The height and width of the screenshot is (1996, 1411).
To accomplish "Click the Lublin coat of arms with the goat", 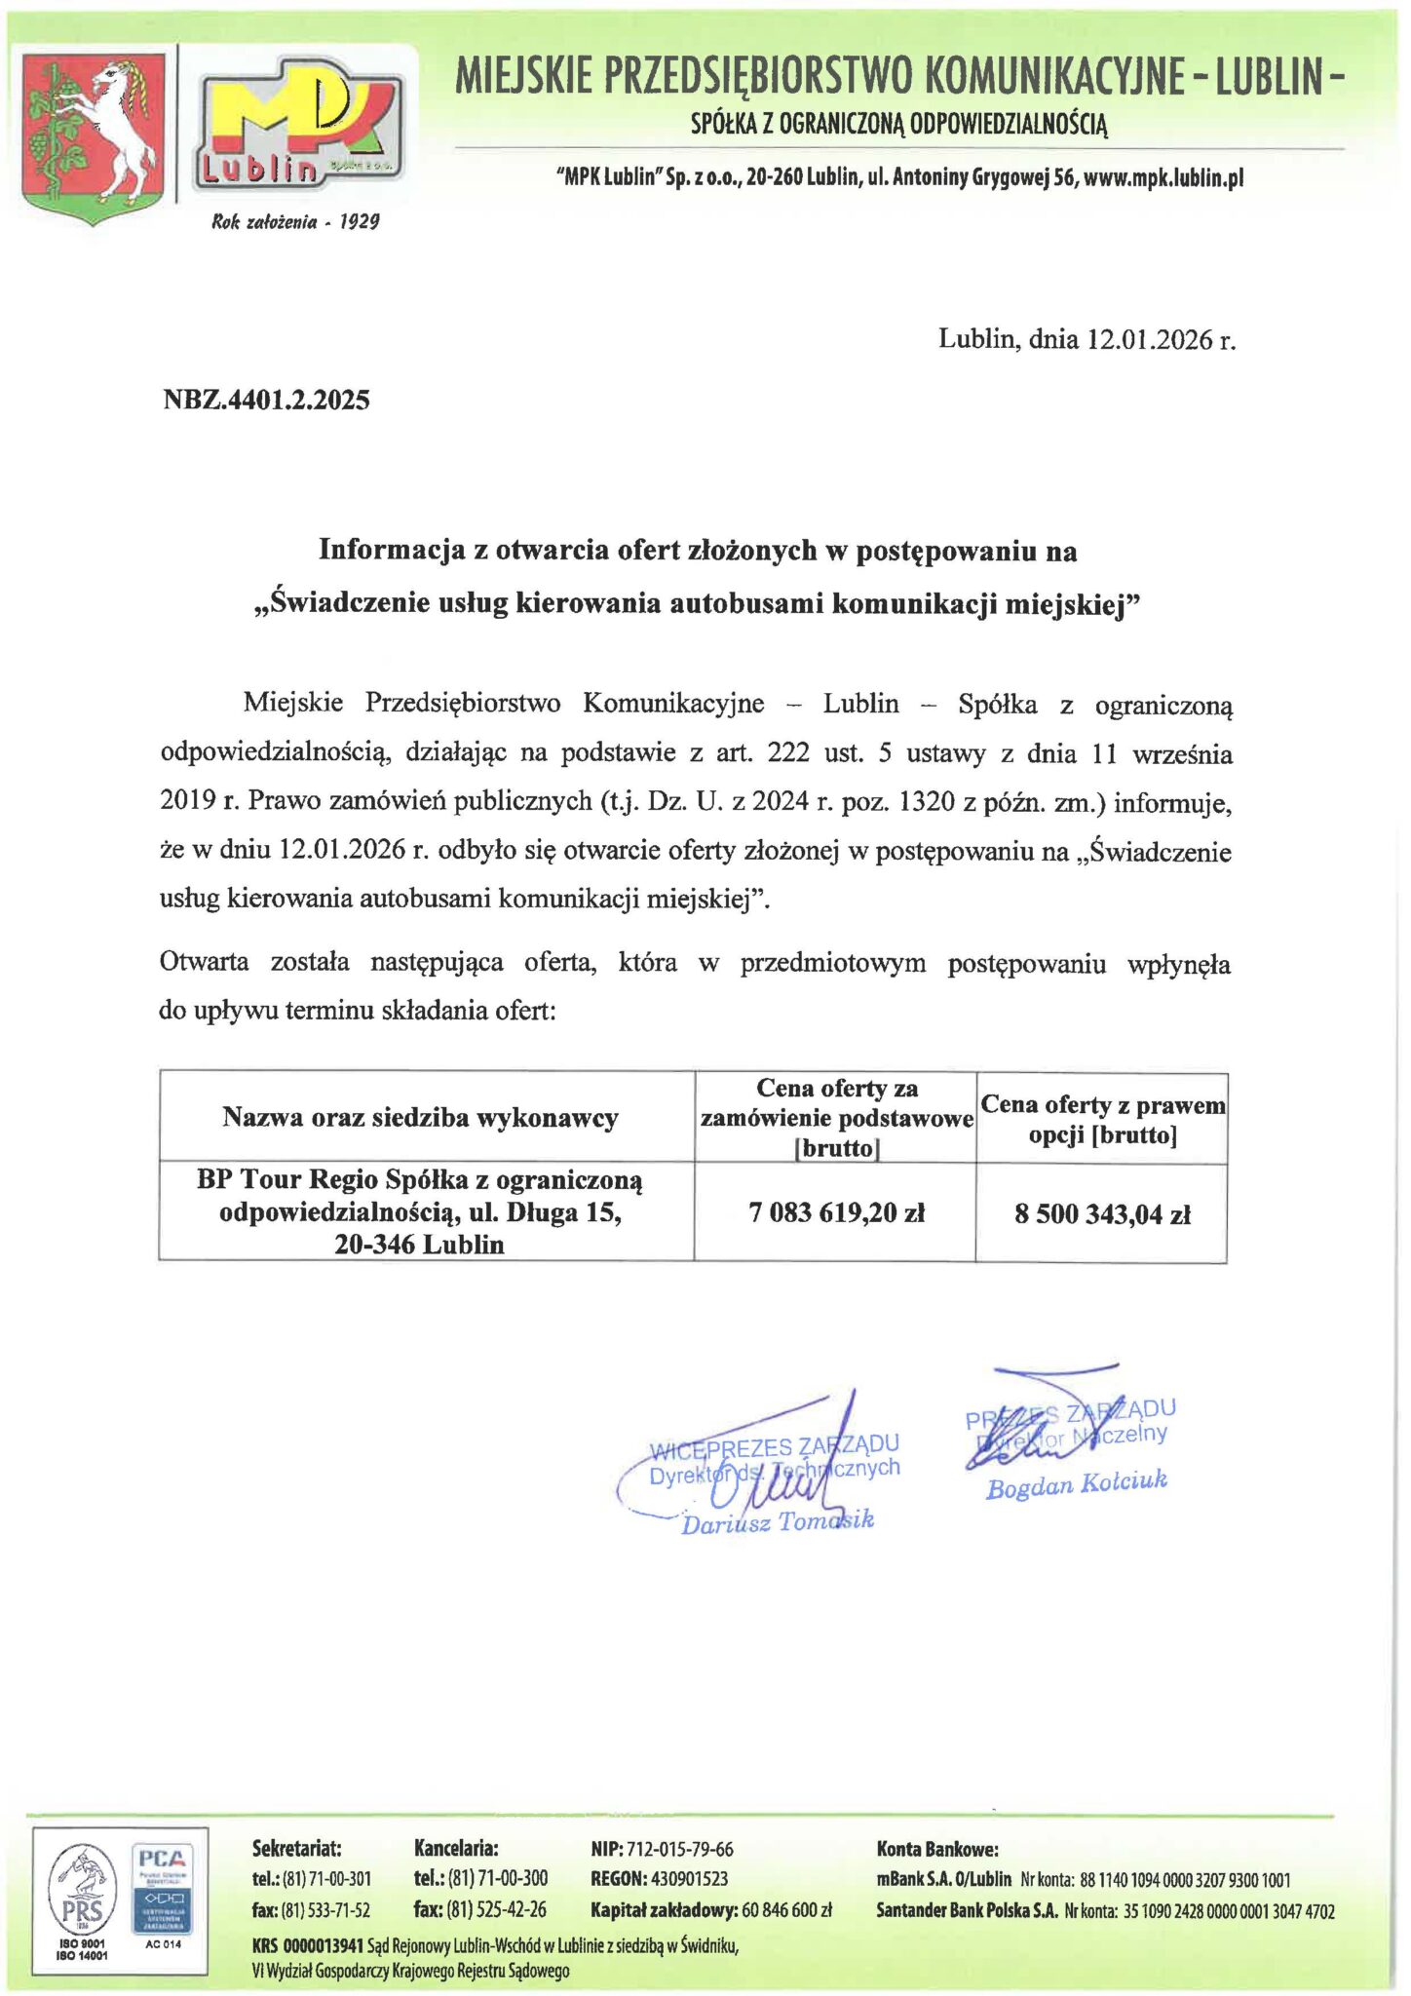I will coord(94,136).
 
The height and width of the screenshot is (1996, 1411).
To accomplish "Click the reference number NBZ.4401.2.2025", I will coord(266,400).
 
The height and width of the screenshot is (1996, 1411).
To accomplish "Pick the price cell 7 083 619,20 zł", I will coord(835,1212).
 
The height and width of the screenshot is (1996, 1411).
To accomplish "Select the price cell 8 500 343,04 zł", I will coord(1101,1213).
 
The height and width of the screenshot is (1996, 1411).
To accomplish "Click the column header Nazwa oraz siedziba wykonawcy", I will coord(420,1117).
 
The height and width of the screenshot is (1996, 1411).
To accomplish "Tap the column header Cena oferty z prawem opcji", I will coord(1102,1119).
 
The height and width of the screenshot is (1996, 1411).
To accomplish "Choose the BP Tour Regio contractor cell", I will coord(420,1211).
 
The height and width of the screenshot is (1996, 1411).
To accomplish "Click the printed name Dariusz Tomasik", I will coord(777,1522).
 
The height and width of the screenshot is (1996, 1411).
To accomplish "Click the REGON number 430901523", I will coord(689,1878).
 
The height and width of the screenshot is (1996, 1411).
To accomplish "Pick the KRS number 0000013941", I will coord(324,1945).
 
